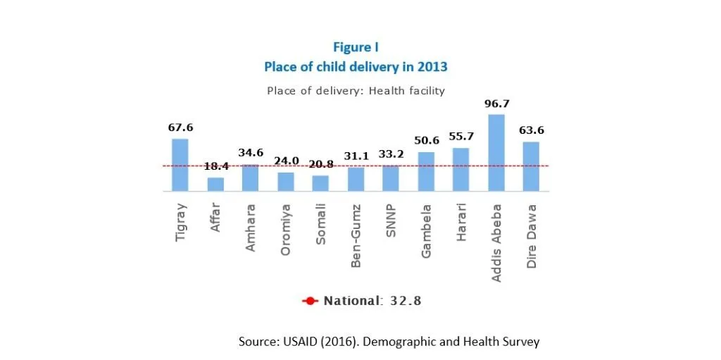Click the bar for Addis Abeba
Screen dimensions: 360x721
(496, 153)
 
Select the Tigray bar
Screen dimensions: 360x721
(180, 165)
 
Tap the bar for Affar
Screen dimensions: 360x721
(215, 184)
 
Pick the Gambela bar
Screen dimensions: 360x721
(426, 171)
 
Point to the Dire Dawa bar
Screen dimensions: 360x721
(531, 166)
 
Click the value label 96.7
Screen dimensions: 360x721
(496, 104)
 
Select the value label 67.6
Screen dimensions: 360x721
(180, 128)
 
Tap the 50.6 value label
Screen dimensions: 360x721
(426, 141)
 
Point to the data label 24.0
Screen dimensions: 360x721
(285, 161)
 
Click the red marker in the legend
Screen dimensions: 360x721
(311, 301)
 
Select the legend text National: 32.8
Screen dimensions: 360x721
(372, 301)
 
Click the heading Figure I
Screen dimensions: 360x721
(356, 48)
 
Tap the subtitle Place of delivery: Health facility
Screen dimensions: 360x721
(356, 91)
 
